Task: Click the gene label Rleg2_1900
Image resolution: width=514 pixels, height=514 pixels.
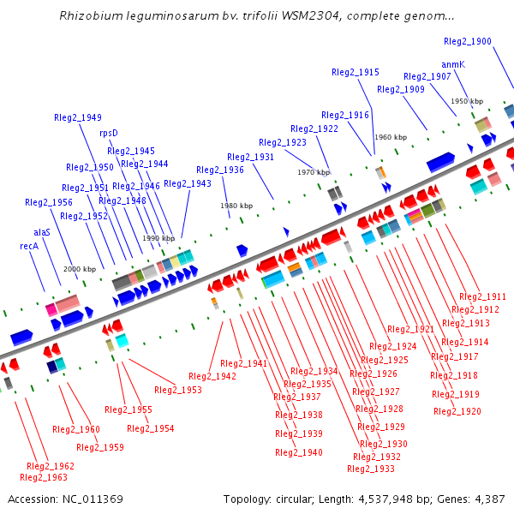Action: [x=468, y=41]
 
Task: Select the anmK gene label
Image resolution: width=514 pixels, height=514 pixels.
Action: [x=453, y=64]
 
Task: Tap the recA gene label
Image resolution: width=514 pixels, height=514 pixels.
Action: [x=30, y=246]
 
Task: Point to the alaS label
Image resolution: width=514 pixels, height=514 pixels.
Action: [x=42, y=232]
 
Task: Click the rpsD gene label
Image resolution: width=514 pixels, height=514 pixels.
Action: [x=109, y=133]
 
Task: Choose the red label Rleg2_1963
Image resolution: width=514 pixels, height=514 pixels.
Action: [x=43, y=477]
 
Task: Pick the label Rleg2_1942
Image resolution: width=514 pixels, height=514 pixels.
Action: [x=212, y=376]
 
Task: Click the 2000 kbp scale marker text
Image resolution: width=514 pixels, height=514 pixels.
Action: [x=79, y=269]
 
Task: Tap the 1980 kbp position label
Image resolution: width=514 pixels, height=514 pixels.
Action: [x=236, y=206]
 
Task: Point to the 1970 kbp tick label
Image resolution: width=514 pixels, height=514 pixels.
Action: [x=313, y=172]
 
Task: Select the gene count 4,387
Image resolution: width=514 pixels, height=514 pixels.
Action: [x=487, y=499]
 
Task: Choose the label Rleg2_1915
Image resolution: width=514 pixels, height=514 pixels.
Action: [x=356, y=73]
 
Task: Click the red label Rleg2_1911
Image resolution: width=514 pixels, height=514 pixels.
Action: [x=483, y=296]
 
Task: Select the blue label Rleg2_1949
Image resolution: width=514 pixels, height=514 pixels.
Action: [x=78, y=117]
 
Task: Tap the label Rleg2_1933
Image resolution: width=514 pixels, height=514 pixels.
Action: [x=371, y=469]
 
